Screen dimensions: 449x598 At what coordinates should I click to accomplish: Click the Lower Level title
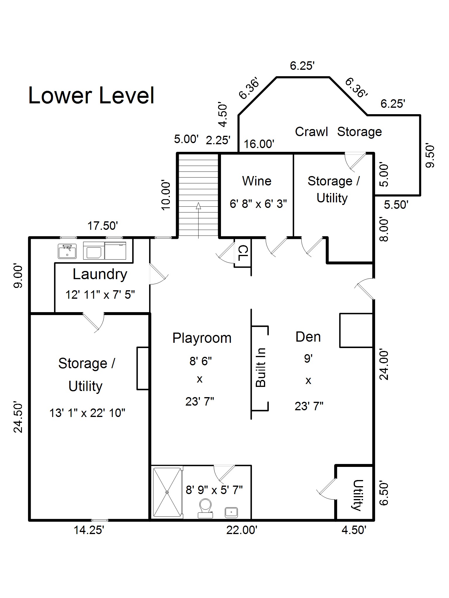pyautogui.click(x=91, y=95)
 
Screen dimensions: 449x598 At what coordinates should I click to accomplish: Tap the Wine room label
pyautogui.click(x=257, y=181)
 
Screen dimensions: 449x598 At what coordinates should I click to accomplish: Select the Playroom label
pyautogui.click(x=202, y=338)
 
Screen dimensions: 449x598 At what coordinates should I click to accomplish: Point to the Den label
pyautogui.click(x=308, y=337)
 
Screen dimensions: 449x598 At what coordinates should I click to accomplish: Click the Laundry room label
pyautogui.click(x=100, y=274)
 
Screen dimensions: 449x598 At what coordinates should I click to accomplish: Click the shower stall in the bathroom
pyautogui.click(x=167, y=492)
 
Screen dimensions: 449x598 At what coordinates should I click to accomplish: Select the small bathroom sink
pyautogui.click(x=231, y=512)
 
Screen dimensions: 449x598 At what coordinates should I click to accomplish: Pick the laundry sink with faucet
pyautogui.click(x=67, y=251)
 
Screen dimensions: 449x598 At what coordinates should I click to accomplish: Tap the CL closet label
pyautogui.click(x=243, y=253)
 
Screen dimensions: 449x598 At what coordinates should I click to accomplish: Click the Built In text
pyautogui.click(x=260, y=368)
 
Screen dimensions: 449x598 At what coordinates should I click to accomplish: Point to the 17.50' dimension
pyautogui.click(x=103, y=226)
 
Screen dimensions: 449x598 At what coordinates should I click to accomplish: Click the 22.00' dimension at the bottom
pyautogui.click(x=242, y=530)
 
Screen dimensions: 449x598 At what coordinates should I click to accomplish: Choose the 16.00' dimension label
pyautogui.click(x=259, y=144)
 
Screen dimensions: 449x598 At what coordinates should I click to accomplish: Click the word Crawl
pyautogui.click(x=311, y=132)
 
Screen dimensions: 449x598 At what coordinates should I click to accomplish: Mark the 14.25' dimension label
pyautogui.click(x=89, y=530)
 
